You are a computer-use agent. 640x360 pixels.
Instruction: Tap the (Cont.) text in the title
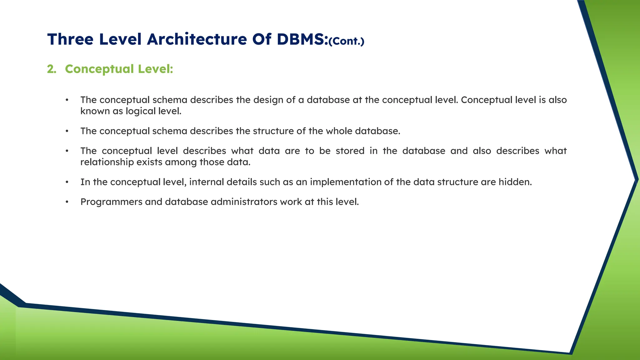346,41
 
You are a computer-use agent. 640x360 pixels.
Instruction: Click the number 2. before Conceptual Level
52,69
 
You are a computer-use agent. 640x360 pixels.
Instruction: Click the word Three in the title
70,39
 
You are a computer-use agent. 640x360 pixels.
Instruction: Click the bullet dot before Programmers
67,202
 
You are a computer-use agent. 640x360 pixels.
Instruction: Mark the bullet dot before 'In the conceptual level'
67,182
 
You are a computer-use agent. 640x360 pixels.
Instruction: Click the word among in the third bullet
181,162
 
